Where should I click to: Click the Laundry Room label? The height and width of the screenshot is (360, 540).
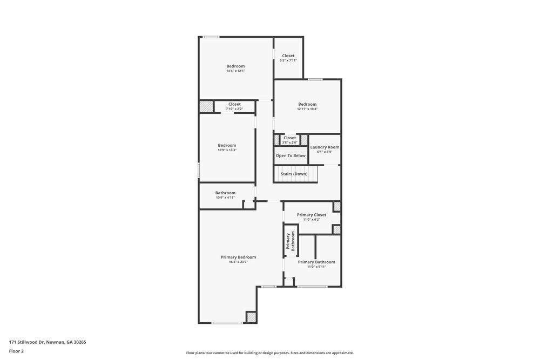(325, 147)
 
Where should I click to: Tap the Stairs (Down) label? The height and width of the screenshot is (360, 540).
(294, 174)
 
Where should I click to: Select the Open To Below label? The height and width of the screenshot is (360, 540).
(291, 155)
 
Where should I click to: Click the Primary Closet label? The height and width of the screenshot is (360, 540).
(312, 215)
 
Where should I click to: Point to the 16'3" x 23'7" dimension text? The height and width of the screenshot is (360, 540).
(238, 262)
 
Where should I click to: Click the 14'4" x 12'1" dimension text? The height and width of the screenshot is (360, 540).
(235, 71)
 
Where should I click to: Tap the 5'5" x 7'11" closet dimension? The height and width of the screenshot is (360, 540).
(288, 60)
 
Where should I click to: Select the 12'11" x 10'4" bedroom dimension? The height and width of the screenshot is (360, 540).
(307, 109)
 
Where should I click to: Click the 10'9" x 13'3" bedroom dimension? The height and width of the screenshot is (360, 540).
(227, 150)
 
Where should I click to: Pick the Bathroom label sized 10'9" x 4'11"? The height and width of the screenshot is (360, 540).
(225, 193)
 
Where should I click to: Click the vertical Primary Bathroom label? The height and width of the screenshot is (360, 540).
(291, 241)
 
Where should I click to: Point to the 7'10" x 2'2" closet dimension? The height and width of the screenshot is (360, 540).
(234, 109)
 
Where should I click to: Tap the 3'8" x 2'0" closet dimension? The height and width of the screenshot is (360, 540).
(290, 142)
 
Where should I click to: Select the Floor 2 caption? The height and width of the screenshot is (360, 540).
(16, 351)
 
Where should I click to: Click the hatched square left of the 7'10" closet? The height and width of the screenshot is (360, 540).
(206, 107)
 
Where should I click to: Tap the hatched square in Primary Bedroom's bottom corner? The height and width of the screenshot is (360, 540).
(251, 317)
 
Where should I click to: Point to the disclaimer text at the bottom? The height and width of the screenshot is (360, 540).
(270, 353)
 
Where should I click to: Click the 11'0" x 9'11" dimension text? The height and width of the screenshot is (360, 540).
(316, 267)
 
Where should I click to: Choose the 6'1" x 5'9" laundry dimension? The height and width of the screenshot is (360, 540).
(325, 152)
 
